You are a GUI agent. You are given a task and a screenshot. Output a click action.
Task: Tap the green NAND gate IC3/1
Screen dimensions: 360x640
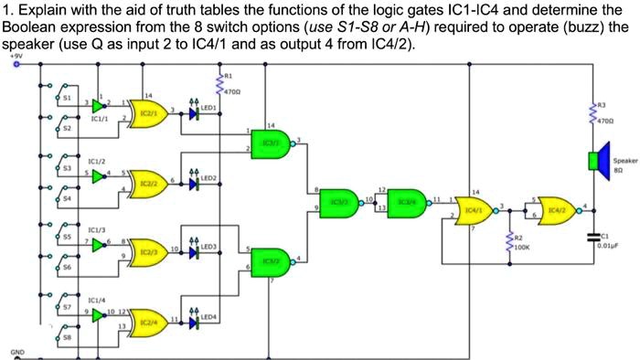pos(272,143)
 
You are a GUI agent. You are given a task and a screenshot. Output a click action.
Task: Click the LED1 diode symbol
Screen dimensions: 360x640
pos(194,114)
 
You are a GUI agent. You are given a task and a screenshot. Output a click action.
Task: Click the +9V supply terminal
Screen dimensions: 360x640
pos(16,64)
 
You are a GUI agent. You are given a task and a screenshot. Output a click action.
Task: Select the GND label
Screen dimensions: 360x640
pos(17,351)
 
